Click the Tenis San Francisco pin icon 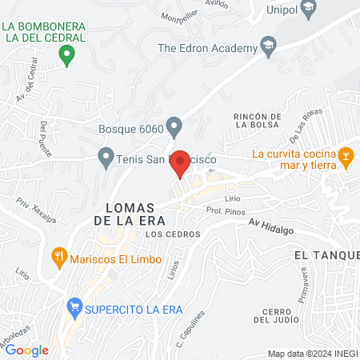[105, 157]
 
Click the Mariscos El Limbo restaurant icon [58, 259]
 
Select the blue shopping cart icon [75, 307]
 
